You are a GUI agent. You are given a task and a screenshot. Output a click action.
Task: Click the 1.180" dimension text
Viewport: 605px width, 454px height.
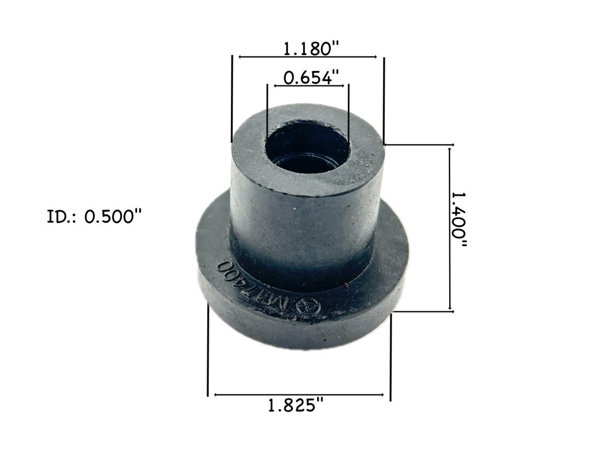(x=311, y=49)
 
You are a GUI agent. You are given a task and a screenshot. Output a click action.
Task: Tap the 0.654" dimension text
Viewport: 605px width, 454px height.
(x=311, y=78)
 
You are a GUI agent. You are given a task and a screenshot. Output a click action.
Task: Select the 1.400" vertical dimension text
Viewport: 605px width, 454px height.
(x=459, y=221)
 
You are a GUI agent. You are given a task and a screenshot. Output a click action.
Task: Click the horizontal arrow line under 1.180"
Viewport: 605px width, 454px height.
(x=308, y=57)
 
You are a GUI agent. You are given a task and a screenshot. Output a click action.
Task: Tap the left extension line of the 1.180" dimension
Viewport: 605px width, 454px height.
(x=232, y=99)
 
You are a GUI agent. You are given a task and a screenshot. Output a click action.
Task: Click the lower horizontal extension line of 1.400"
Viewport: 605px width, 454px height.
(x=423, y=311)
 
